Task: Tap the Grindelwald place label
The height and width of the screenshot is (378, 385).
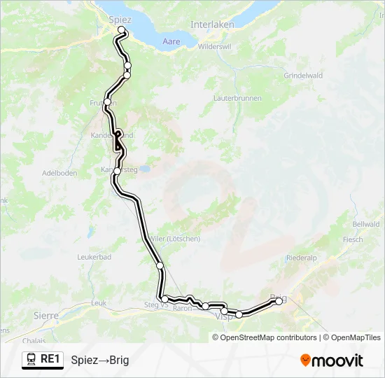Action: pos(303,75)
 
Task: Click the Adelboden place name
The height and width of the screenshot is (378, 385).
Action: pos(58,172)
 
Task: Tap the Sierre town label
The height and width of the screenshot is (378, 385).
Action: pos(46,316)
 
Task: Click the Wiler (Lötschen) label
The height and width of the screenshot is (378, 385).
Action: pos(175,239)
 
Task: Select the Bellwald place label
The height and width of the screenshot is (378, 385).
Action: pos(365,224)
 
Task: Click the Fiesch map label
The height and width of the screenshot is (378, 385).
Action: pos(353,239)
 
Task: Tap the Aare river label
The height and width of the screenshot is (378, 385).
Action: pos(171,42)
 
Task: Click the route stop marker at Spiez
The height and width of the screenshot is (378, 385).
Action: pos(122,29)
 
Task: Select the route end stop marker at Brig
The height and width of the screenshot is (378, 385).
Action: pos(279,301)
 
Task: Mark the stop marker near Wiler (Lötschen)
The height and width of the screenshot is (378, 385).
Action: pos(160,265)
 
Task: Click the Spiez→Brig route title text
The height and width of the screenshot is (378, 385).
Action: pos(100,360)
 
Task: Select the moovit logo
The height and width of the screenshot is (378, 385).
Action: pos(332,360)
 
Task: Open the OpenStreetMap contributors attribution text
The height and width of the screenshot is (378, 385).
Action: pos(268,337)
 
